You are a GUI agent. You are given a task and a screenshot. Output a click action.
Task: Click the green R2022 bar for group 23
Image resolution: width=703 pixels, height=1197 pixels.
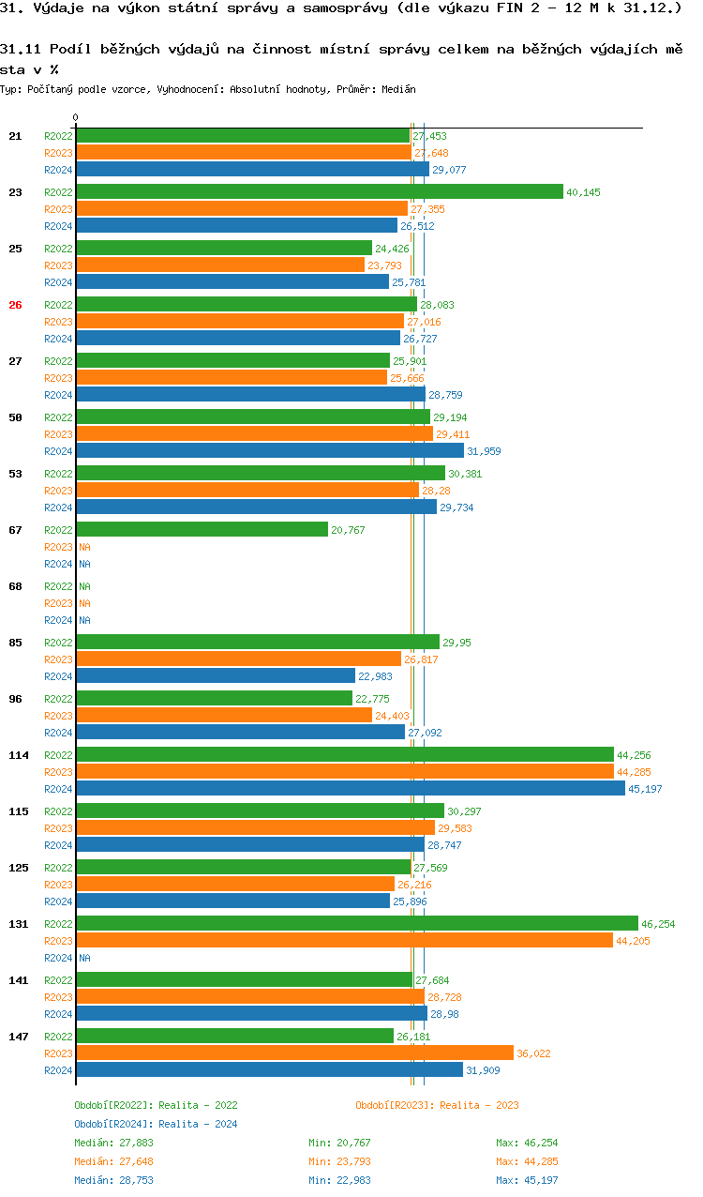pos(319,192)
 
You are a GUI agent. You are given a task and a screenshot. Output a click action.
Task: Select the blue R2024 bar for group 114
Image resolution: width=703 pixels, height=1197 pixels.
pos(350,789)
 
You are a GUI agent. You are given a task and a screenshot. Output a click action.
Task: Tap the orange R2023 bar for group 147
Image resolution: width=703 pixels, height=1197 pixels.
pos(294,1053)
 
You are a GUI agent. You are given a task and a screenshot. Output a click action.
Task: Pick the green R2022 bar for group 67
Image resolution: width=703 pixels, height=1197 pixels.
pos(202,530)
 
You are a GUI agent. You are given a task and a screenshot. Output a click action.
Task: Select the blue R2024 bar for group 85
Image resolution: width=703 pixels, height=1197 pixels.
pos(216,676)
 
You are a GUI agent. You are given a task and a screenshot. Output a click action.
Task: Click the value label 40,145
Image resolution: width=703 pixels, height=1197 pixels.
pos(583,192)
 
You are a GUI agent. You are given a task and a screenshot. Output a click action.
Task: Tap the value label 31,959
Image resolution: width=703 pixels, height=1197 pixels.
pos(484,451)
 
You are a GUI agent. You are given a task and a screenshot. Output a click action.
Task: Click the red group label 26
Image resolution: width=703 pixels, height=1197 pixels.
pos(15,305)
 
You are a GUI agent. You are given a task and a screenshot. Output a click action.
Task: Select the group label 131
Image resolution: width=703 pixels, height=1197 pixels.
pos(19,924)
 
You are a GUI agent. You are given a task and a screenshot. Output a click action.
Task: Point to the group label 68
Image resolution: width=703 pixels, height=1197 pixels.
pos(15,586)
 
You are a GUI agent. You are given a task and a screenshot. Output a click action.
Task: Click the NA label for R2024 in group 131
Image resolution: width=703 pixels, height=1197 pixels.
pos(84,958)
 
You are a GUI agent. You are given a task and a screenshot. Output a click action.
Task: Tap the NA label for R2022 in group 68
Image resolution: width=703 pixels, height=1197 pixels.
pos(84,586)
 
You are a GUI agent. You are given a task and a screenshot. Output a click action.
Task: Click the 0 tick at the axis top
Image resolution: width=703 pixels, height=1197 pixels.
pos(76,118)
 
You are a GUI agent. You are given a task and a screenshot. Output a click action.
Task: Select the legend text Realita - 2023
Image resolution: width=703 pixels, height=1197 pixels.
pos(479,1105)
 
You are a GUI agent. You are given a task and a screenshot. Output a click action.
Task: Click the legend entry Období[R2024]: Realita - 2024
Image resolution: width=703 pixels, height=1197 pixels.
pos(156,1124)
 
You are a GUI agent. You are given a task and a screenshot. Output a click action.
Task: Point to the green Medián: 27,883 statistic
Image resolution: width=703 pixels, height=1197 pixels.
pos(113,1143)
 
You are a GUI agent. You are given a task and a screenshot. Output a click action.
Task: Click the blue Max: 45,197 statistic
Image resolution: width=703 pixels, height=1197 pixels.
pos(527,1180)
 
